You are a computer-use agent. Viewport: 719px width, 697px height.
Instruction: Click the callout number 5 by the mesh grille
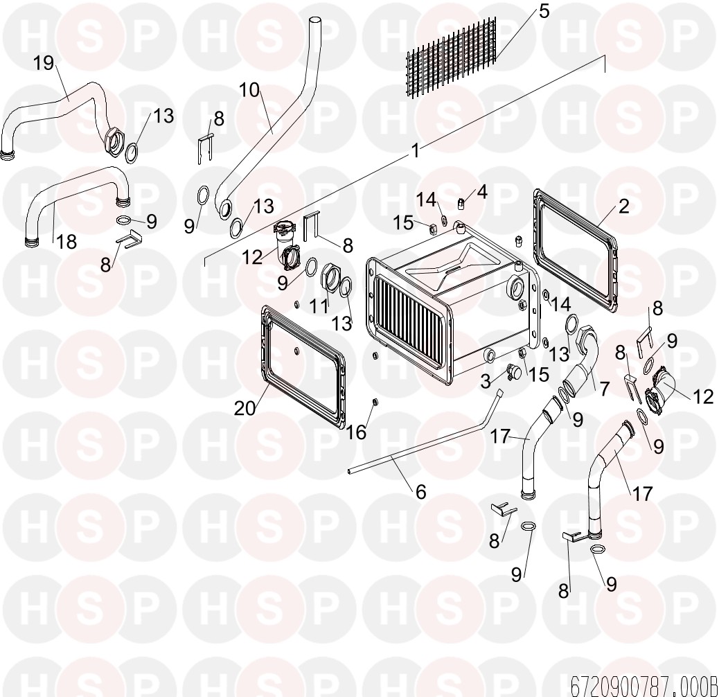(x=543, y=11)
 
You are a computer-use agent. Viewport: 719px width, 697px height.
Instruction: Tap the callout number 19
(x=44, y=63)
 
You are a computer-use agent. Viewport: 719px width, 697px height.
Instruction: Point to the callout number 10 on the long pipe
(x=249, y=90)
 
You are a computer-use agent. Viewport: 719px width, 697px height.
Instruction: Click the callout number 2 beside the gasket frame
(x=623, y=206)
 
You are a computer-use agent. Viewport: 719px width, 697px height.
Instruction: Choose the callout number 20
(x=245, y=407)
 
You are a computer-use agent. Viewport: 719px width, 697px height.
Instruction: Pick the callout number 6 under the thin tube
(x=421, y=492)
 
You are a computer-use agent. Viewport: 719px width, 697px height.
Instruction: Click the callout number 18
(x=66, y=242)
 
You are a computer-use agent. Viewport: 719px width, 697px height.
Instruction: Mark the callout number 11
(x=319, y=306)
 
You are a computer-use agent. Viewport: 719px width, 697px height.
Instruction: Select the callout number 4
(x=481, y=192)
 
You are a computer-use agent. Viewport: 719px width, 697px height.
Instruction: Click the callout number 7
(x=605, y=389)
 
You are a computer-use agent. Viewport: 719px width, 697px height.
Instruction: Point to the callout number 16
(x=356, y=432)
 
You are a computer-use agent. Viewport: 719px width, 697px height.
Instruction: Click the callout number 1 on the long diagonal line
(x=416, y=150)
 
